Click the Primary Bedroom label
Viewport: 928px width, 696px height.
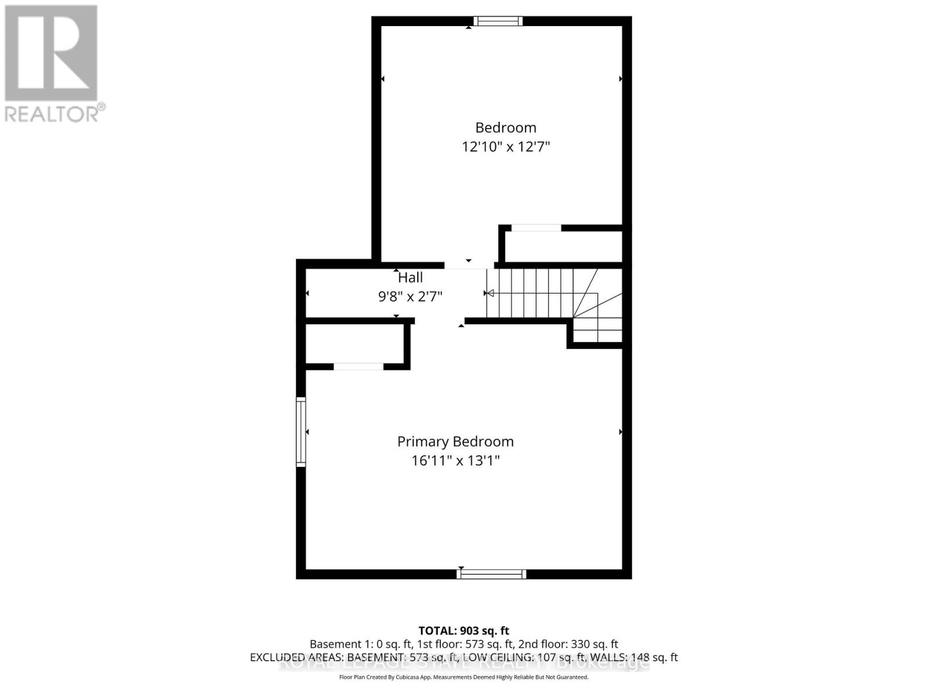[455, 441]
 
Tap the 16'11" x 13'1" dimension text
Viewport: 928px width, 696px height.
[455, 461]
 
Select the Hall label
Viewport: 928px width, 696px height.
[410, 278]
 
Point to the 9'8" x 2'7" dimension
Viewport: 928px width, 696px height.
[410, 296]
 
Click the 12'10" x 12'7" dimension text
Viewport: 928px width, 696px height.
[505, 146]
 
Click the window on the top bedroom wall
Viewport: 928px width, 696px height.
[498, 21]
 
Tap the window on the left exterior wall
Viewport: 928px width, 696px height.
[300, 432]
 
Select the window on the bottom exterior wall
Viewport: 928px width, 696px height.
[491, 574]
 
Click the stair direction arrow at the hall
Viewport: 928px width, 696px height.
[490, 293]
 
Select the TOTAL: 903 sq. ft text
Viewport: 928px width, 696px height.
[463, 630]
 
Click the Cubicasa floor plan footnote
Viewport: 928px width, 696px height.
[463, 677]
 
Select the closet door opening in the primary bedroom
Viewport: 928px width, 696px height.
[358, 366]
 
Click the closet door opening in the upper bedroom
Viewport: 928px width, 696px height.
[536, 228]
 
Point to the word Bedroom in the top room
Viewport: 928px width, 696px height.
[505, 128]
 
